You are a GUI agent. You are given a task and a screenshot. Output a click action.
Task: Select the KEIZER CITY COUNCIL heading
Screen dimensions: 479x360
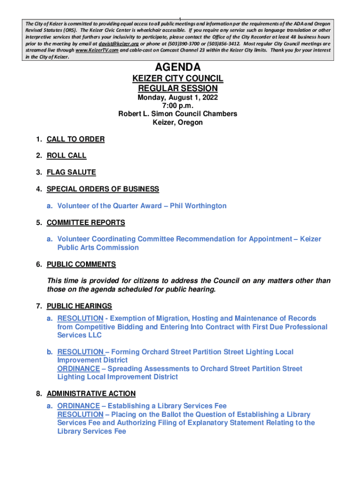pos(178,79)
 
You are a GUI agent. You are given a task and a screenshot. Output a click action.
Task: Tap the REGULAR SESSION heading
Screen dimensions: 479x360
pos(178,88)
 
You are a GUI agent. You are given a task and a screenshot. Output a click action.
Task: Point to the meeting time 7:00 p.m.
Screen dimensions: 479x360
pos(178,106)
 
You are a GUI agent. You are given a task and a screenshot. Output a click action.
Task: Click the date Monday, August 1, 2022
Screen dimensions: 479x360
pos(178,98)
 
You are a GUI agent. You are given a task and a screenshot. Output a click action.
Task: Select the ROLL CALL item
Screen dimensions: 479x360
pos(66,156)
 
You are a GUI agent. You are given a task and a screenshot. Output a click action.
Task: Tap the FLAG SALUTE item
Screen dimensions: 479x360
pos(71,172)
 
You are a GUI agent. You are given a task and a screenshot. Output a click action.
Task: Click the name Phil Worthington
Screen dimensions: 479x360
pos(198,206)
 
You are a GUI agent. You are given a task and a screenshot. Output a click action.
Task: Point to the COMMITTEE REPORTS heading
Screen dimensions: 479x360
pos(86,223)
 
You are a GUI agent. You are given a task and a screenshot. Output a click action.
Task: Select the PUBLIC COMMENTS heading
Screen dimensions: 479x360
pos(81,264)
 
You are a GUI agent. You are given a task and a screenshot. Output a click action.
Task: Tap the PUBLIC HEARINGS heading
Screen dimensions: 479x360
pos(79,306)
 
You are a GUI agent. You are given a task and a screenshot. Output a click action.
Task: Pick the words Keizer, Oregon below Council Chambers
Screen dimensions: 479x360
pos(178,123)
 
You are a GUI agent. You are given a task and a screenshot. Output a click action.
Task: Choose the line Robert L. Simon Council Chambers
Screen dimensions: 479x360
pos(178,114)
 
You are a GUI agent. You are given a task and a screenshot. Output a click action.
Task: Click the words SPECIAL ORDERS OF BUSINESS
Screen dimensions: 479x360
pos(103,189)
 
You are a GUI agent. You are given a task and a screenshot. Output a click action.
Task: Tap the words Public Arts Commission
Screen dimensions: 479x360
pos(98,247)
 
